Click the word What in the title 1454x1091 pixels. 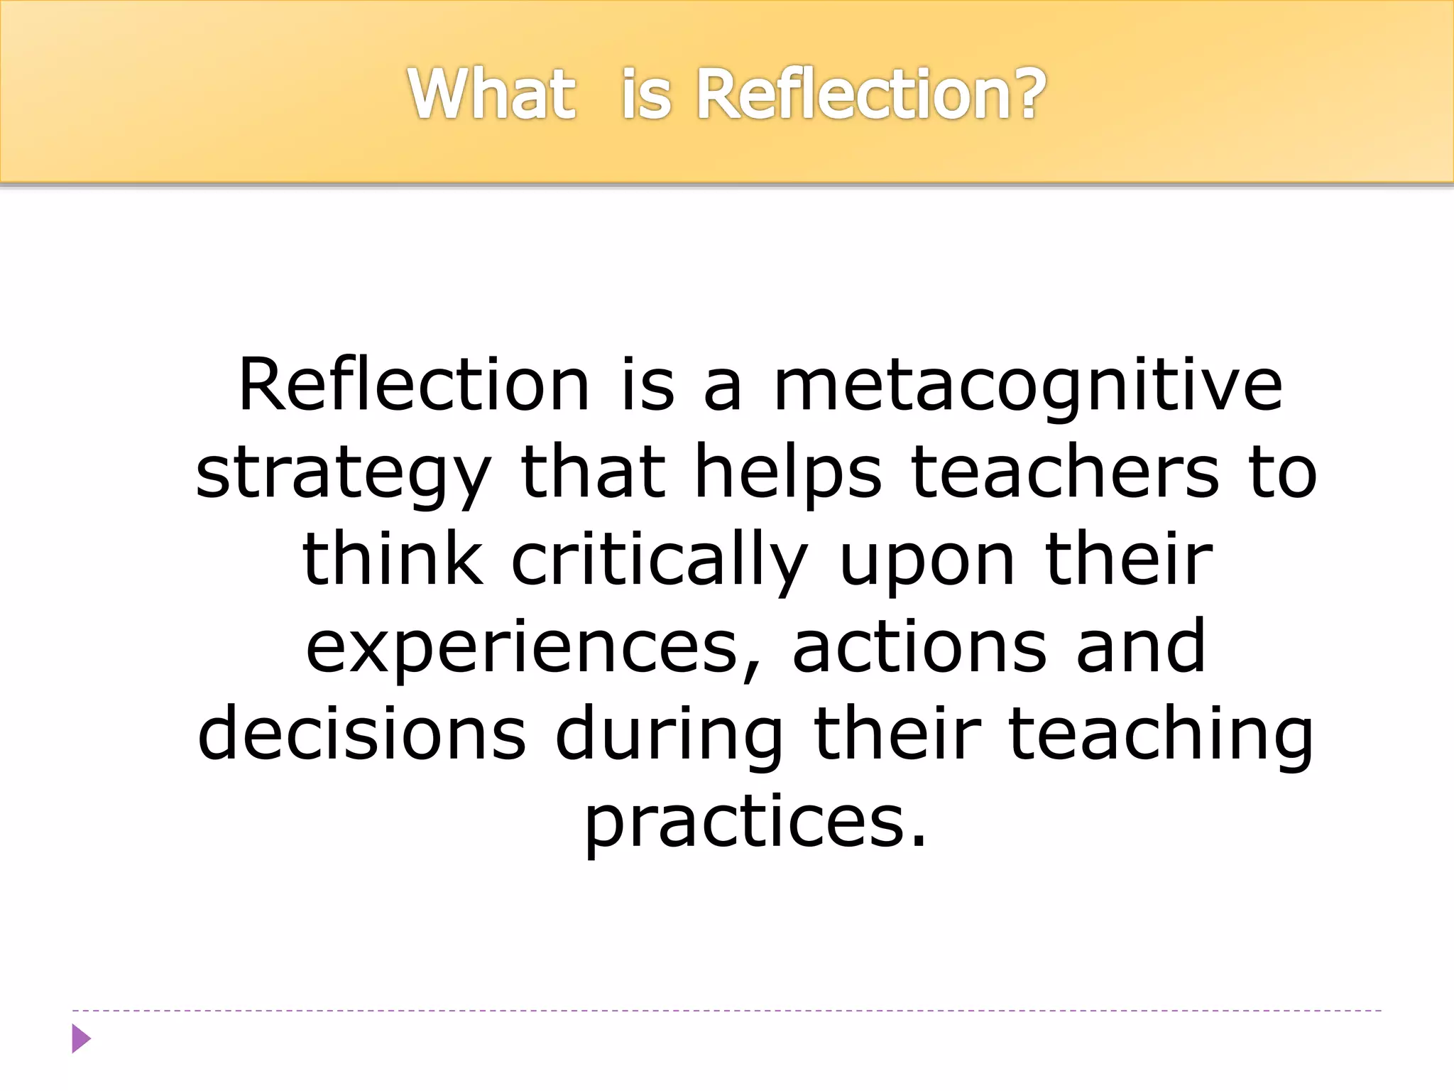(491, 94)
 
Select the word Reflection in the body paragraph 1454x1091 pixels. (414, 385)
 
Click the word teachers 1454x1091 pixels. (1065, 472)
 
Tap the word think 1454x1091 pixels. (393, 560)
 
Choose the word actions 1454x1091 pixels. (919, 646)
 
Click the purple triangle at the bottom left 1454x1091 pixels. (81, 1038)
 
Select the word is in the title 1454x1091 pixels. (645, 94)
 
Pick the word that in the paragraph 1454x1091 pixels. (592, 472)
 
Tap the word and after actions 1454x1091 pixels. (1140, 646)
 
